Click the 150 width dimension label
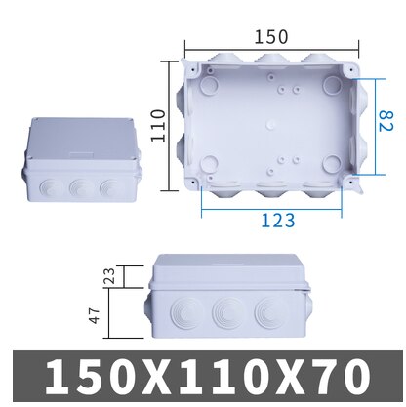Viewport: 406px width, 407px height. pos(270,37)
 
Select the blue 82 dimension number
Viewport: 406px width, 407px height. pos(389,126)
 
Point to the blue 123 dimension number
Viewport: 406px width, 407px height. pos(278,221)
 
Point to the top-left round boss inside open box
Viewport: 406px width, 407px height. pos(208,85)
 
